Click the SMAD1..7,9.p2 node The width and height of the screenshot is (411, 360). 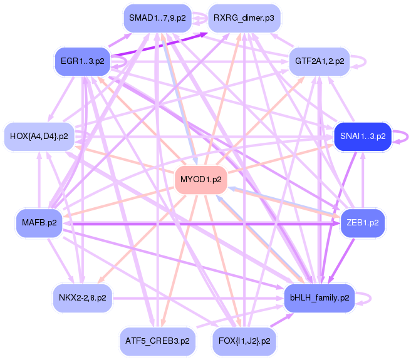(x=157, y=18)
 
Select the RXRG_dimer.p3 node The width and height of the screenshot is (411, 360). (x=244, y=18)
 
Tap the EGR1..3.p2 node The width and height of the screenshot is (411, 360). (x=83, y=61)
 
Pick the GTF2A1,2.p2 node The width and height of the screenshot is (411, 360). (x=320, y=61)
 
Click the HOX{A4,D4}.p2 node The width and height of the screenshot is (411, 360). (x=39, y=136)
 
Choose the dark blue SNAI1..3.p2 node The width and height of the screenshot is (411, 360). (x=363, y=136)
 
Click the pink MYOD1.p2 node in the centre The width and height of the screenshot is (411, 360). (x=201, y=180)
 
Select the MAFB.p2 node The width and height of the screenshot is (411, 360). (x=39, y=223)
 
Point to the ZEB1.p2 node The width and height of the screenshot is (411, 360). (x=363, y=223)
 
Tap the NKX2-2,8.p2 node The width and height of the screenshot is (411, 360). (x=83, y=298)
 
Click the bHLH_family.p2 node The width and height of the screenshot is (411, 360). (x=320, y=298)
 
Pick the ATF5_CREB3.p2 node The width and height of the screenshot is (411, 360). (x=157, y=341)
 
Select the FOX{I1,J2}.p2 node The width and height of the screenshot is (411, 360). (x=244, y=341)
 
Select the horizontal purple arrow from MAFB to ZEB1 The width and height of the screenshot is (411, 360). (x=201, y=224)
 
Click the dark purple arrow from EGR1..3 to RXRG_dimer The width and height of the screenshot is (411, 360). (x=159, y=44)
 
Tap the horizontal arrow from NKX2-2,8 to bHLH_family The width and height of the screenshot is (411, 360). (x=198, y=299)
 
